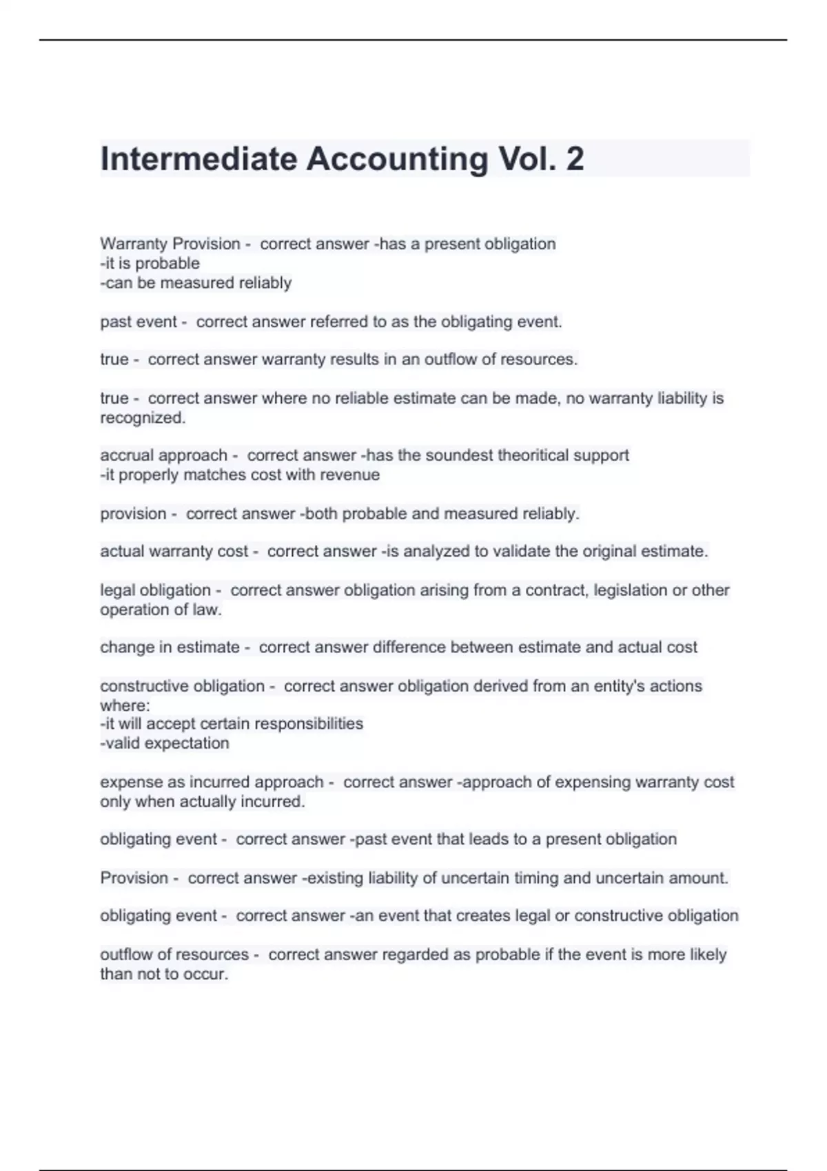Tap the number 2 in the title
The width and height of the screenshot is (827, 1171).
(575, 159)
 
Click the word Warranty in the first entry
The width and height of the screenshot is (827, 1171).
(134, 244)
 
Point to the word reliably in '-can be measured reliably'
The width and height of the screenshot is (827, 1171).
(265, 283)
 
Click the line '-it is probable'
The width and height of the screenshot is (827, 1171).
(150, 263)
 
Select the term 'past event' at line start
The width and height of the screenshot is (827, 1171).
(139, 322)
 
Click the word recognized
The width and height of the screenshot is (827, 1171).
(143, 417)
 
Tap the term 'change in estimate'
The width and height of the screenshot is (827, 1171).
(170, 647)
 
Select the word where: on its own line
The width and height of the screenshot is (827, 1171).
(125, 705)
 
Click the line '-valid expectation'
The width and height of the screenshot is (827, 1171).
(165, 743)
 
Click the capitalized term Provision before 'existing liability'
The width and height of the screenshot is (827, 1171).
(134, 878)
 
